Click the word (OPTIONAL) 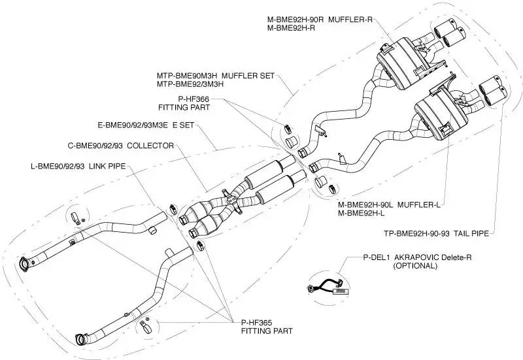[415, 266]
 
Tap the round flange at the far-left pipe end [25, 263]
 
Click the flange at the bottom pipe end [82, 339]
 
